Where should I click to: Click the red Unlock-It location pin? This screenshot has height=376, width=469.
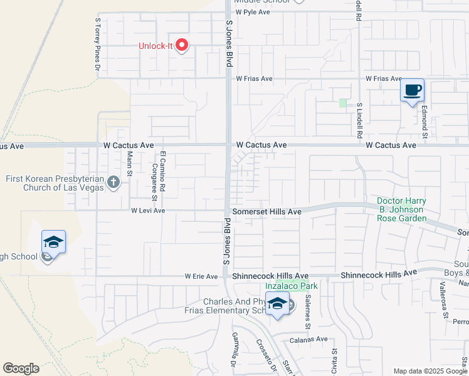coord(182,45)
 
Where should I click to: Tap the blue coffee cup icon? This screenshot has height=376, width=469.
coord(412,90)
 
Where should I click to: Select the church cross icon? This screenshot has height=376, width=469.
coord(113,182)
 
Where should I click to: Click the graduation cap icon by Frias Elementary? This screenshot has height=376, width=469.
coord(277,304)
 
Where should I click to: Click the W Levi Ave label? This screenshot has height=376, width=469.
coord(148,211)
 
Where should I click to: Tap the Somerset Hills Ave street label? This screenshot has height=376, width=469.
coord(266,212)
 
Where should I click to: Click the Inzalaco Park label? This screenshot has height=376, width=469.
coord(292,286)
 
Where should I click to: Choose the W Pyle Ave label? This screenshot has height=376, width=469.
coord(254,12)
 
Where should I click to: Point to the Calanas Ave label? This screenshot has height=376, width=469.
coord(308,340)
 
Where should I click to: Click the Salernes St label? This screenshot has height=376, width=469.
coord(307,313)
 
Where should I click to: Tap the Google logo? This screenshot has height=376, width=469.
coord(21,368)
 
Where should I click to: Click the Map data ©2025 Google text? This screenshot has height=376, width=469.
coord(430,371)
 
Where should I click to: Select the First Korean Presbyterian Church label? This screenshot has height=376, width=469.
coord(55,182)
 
